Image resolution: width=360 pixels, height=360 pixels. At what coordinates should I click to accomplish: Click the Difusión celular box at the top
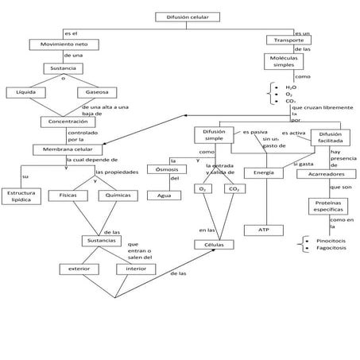tap(184, 17)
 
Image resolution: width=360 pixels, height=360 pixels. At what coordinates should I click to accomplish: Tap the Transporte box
tap(288, 40)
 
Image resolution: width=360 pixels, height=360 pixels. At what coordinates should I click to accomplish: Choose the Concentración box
tap(67, 122)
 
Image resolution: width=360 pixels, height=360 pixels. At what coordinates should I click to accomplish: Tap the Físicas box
tap(68, 195)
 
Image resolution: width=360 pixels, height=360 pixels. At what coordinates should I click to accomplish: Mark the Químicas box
tap(118, 195)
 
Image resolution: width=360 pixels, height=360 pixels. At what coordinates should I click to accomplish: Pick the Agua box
tap(164, 195)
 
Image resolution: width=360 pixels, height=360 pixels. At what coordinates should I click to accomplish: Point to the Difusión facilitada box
tap(330, 138)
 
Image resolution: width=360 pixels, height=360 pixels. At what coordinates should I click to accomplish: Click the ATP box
tap(263, 229)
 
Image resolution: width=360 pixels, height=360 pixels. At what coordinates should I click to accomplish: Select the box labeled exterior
tap(79, 269)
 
